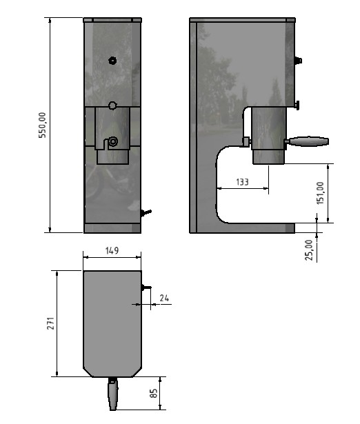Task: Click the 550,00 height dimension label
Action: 43,125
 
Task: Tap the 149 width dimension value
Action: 112,251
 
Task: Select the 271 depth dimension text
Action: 51,323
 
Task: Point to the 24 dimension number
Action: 164,298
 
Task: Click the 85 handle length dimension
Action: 153,393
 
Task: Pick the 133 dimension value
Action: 242,182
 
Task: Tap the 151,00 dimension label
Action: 320,193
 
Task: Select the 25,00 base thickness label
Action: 309,250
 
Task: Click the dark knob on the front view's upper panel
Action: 112,61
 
